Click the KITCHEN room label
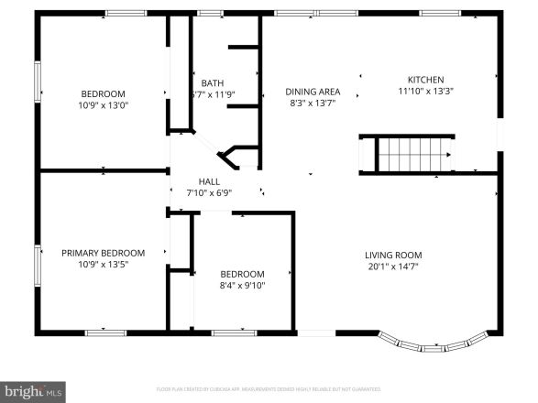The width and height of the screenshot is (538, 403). click(x=425, y=80)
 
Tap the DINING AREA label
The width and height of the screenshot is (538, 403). click(x=313, y=92)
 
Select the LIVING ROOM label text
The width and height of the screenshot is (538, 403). click(x=393, y=256)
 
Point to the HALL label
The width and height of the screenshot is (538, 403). click(x=209, y=181)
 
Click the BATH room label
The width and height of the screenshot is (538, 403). click(x=212, y=82)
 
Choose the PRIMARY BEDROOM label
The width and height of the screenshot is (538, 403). click(x=103, y=253)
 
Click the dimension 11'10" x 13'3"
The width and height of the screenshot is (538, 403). click(x=425, y=92)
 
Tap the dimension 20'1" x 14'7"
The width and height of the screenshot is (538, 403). click(x=393, y=267)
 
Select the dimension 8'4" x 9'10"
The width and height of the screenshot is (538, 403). click(x=242, y=285)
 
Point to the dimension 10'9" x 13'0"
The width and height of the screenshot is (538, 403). click(x=103, y=104)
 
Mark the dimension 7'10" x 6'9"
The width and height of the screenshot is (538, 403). click(x=209, y=193)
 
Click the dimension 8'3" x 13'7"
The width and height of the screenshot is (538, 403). click(x=313, y=103)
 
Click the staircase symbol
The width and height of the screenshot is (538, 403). click(x=416, y=153)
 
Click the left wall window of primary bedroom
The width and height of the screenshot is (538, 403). click(x=38, y=261)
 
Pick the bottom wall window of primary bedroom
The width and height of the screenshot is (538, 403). click(x=106, y=331)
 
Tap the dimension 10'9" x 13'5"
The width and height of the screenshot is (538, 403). click(x=103, y=265)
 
